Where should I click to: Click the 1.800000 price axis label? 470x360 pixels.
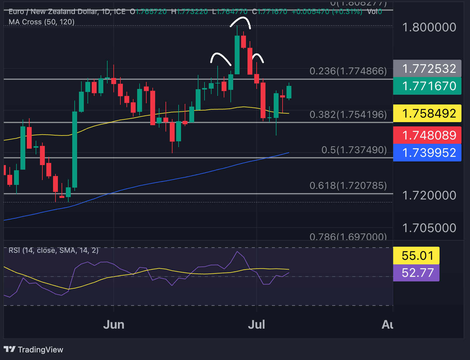[x=429, y=27]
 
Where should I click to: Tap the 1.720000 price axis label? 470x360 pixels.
[x=429, y=195]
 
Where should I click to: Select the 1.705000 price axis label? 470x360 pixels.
[x=429, y=228]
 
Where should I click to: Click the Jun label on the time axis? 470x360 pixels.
[x=114, y=325]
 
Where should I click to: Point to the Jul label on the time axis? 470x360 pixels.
[x=256, y=325]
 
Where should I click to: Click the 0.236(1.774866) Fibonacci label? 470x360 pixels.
[x=348, y=71]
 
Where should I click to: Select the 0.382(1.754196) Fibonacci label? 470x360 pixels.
[x=348, y=115]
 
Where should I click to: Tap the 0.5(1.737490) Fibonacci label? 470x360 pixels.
[x=354, y=150]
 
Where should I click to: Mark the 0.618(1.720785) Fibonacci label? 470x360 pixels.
[x=348, y=185]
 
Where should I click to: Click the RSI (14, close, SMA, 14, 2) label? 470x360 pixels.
[x=54, y=250]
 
